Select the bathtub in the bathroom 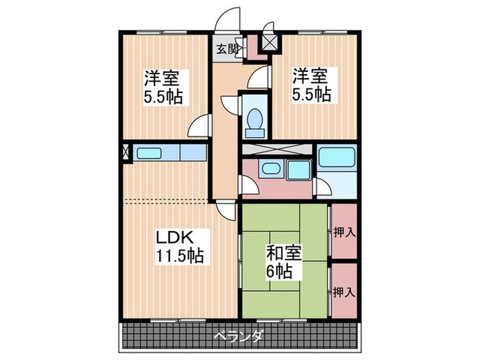click(x=335, y=157)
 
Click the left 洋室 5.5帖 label click(x=163, y=86)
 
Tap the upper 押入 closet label click(x=344, y=232)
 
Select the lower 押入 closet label click(x=344, y=291)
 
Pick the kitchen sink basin click(x=149, y=154)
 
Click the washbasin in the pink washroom click(x=271, y=169)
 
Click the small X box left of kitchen click(x=125, y=153)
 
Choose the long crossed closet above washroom click(x=276, y=149)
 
